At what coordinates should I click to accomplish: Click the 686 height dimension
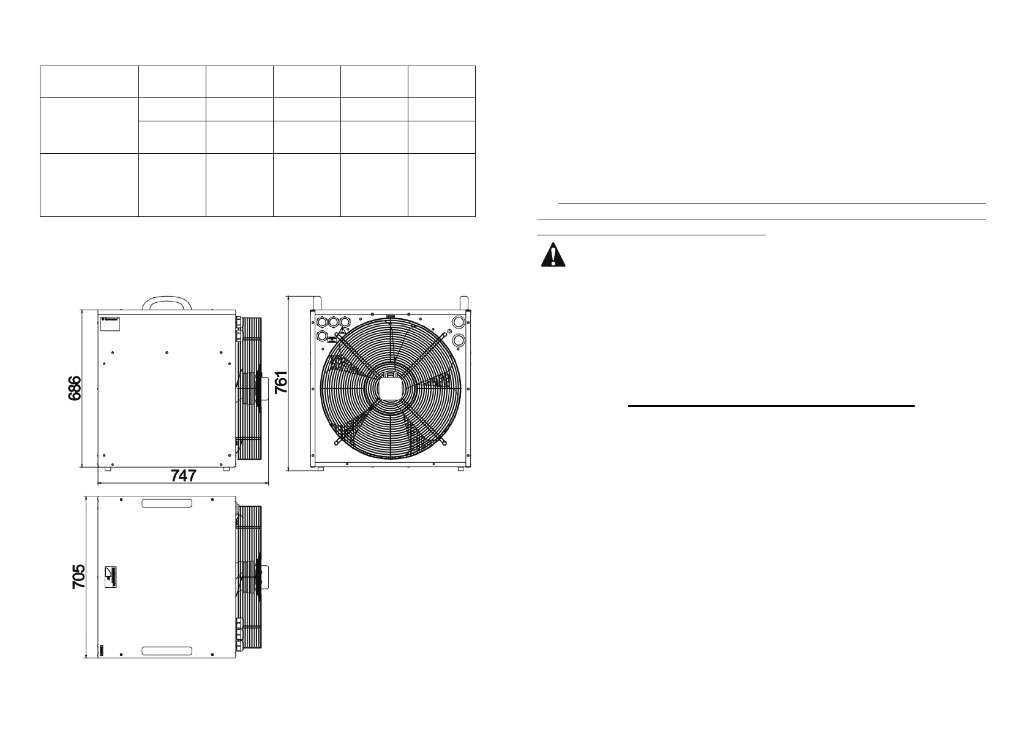coord(74,388)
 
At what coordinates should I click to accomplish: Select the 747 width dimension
coord(184,475)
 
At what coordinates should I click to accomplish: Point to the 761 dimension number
coord(281,382)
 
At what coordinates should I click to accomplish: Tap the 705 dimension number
coord(79,576)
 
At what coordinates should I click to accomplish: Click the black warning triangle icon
coord(553,254)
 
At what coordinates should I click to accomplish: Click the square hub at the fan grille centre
coord(391,388)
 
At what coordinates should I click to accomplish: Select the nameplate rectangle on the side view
coord(110,324)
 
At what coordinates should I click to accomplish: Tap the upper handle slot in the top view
coord(167,503)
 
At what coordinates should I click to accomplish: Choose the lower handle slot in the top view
coord(167,651)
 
